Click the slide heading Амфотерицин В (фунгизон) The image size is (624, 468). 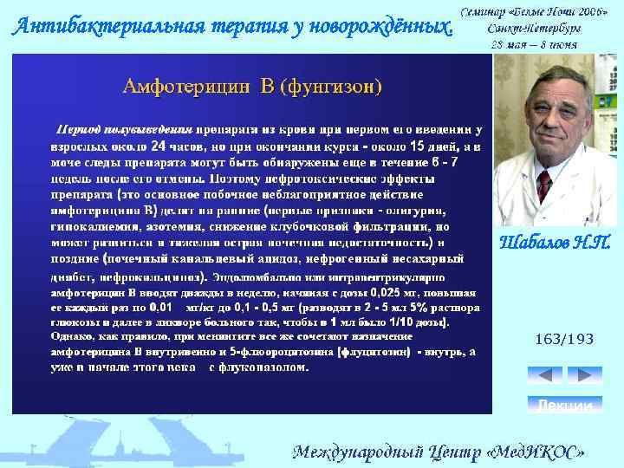click(x=252, y=88)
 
